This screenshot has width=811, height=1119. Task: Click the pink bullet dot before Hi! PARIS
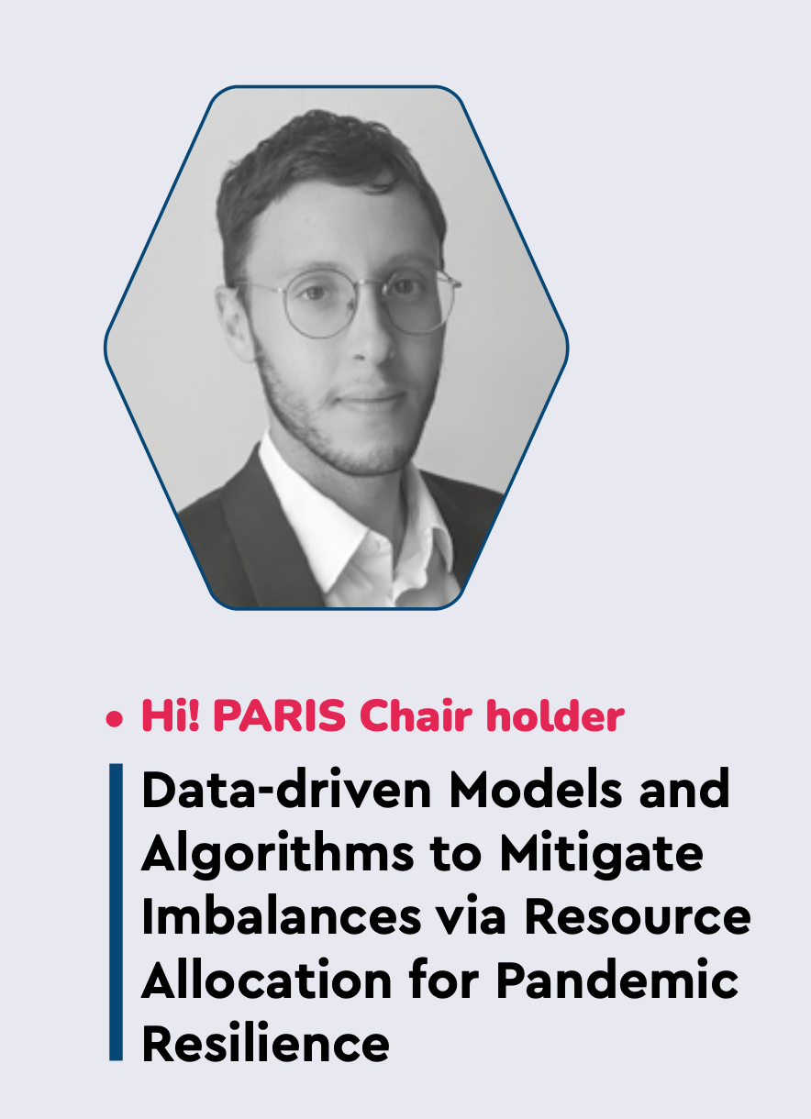coord(114,719)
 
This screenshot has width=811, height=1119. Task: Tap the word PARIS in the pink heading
coord(279,715)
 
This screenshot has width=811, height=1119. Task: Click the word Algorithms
coord(277,854)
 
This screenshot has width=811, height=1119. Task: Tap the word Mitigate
coord(601,854)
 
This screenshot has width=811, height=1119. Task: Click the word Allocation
coord(267,980)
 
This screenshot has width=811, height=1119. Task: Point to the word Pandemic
coord(617,980)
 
